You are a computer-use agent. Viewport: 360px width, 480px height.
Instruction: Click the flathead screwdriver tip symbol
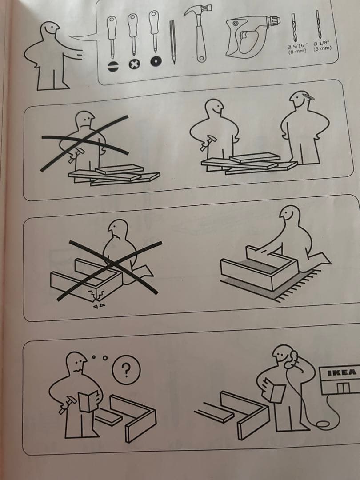click(x=113, y=66)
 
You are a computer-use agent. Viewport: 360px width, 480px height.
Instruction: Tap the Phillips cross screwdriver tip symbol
click(x=134, y=64)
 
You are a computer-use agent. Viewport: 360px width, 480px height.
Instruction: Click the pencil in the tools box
click(x=172, y=42)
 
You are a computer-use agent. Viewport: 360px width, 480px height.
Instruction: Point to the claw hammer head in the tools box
click(x=199, y=10)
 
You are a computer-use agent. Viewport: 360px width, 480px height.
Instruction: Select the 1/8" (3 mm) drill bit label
click(x=322, y=46)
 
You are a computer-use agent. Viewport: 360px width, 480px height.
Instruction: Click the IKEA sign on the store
click(x=342, y=372)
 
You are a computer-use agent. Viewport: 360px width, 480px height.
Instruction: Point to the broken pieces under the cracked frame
click(x=99, y=305)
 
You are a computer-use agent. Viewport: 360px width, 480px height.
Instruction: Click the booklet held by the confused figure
click(x=88, y=401)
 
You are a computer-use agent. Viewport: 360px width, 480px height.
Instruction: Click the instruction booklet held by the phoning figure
click(x=274, y=391)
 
